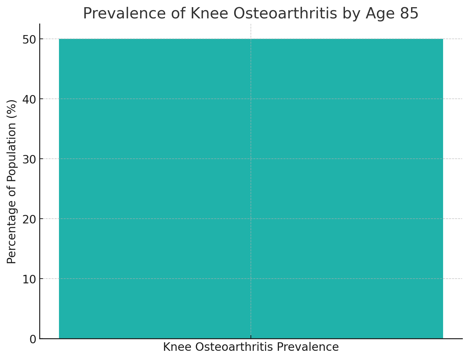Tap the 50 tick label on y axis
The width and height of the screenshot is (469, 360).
[30, 40]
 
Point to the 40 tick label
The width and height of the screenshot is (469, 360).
[30, 99]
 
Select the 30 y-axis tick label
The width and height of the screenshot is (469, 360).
[30, 159]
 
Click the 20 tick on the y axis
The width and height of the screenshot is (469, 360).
[30, 219]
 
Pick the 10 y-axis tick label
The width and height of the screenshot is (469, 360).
[30, 279]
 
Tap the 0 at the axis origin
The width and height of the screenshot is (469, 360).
[33, 339]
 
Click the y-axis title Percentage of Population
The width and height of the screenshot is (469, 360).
[12, 181]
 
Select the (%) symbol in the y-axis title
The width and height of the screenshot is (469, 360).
[12, 107]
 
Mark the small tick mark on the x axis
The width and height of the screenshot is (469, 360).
[251, 337]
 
